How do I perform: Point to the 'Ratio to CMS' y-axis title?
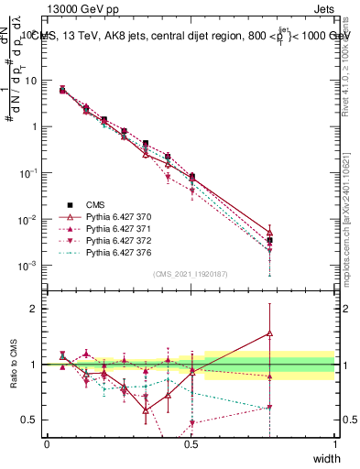[x=12, y=365]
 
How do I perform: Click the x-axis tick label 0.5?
[x=191, y=444]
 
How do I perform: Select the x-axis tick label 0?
[x=47, y=444]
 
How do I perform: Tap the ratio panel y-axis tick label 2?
[x=35, y=309]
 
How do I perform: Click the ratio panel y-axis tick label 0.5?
[x=31, y=420]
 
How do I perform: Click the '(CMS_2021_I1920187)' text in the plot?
[x=191, y=274]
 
